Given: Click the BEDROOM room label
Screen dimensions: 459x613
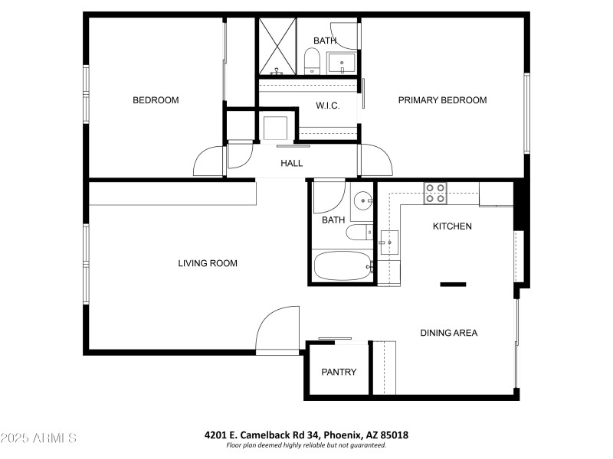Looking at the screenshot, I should point(156,100).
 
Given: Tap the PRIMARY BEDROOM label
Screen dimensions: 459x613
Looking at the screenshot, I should point(442,100).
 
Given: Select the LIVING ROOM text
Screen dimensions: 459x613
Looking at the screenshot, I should point(208,263).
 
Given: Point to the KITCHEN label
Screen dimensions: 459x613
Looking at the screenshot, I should point(452,226).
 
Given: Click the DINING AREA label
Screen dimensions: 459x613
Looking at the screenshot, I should point(448,333).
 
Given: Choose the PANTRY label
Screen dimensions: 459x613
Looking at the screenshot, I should point(339,373).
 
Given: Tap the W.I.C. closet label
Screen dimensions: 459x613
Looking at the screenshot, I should point(328,106).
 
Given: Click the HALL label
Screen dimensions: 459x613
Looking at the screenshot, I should point(291,163).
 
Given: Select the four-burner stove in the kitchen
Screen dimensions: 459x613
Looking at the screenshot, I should point(436,194).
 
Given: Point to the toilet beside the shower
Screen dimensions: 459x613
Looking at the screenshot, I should point(312,61).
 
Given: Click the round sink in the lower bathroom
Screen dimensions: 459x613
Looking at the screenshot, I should point(361,200).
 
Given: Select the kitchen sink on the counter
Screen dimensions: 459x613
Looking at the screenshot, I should point(388,243).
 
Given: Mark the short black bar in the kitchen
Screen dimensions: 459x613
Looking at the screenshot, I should point(453,285).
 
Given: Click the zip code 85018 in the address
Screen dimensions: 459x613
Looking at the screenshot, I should point(394,435).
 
